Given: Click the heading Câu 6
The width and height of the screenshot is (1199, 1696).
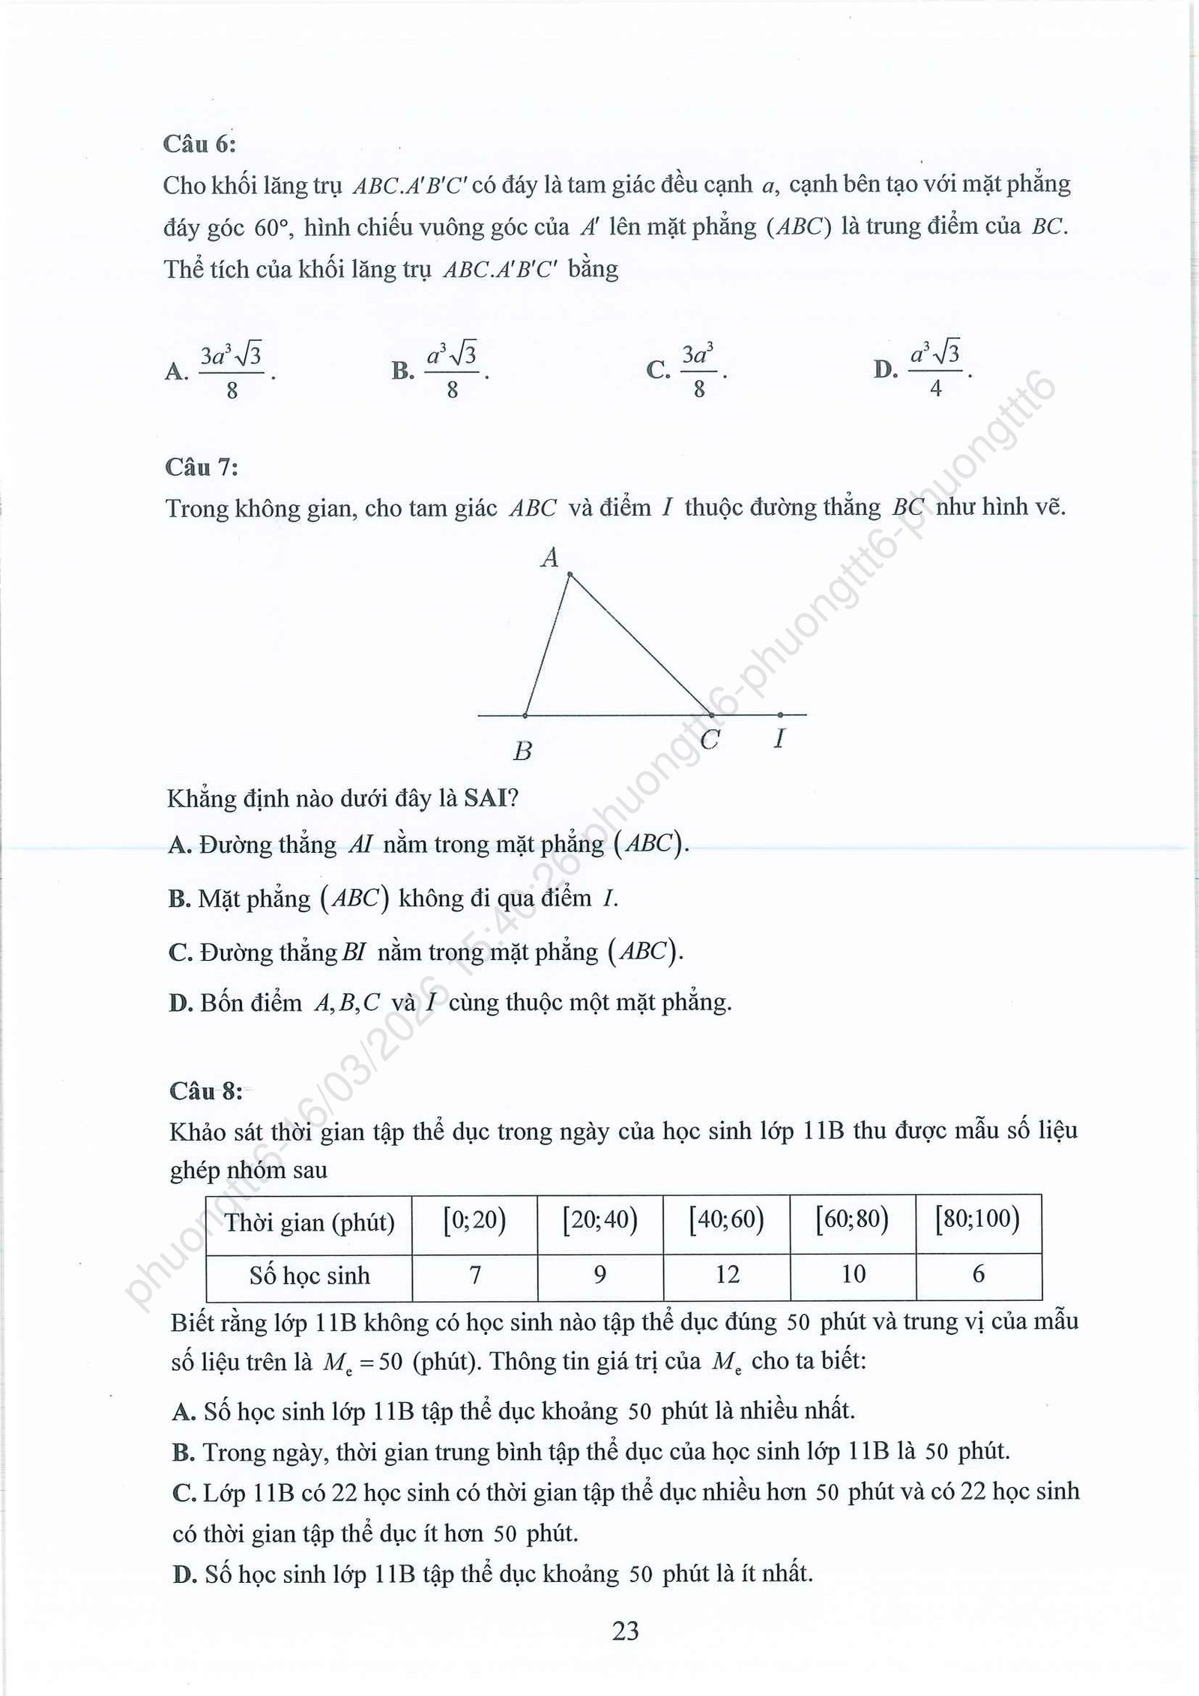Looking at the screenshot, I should pyautogui.click(x=199, y=144).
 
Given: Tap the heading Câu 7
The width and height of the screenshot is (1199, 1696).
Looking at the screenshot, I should pyautogui.click(x=202, y=468).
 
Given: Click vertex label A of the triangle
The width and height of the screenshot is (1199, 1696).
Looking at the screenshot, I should pyautogui.click(x=550, y=558).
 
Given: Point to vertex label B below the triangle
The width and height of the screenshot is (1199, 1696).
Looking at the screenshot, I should pyautogui.click(x=522, y=750).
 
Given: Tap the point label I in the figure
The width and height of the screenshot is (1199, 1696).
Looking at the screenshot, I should pyautogui.click(x=779, y=740).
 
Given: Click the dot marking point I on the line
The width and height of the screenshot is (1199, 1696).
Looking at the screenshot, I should pyautogui.click(x=780, y=715).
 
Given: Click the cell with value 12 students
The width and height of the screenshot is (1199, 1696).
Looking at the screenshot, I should pyautogui.click(x=727, y=1275).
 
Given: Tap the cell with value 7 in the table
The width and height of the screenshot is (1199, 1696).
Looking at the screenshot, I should pyautogui.click(x=475, y=1275).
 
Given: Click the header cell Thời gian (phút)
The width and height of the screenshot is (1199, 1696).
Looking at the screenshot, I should pyautogui.click(x=309, y=1222).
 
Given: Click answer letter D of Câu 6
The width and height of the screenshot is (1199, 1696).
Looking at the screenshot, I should pyautogui.click(x=885, y=370).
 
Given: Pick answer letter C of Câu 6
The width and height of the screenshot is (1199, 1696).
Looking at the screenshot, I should pyautogui.click(x=657, y=370).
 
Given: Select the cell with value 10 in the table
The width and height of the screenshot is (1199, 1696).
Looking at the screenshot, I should pyautogui.click(x=853, y=1275).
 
